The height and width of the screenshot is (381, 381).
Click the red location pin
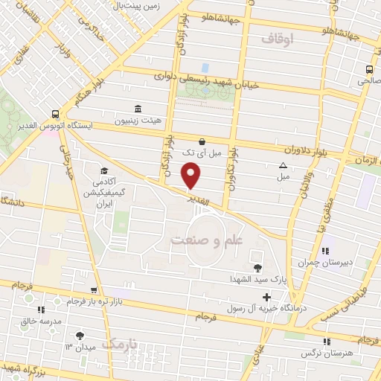pyautogui.click(x=192, y=176)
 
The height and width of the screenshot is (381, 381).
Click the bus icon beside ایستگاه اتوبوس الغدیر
pyautogui.click(x=57, y=115)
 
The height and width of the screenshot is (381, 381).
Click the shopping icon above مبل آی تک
pyautogui.click(x=202, y=141)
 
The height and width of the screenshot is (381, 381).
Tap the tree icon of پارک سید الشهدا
pyautogui.click(x=257, y=268)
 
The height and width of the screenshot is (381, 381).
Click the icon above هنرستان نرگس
pyautogui.click(x=325, y=342)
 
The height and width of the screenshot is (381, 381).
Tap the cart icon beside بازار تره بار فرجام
pyautogui.click(x=93, y=291)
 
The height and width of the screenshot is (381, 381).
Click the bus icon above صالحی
pyautogui.click(x=370, y=70)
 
